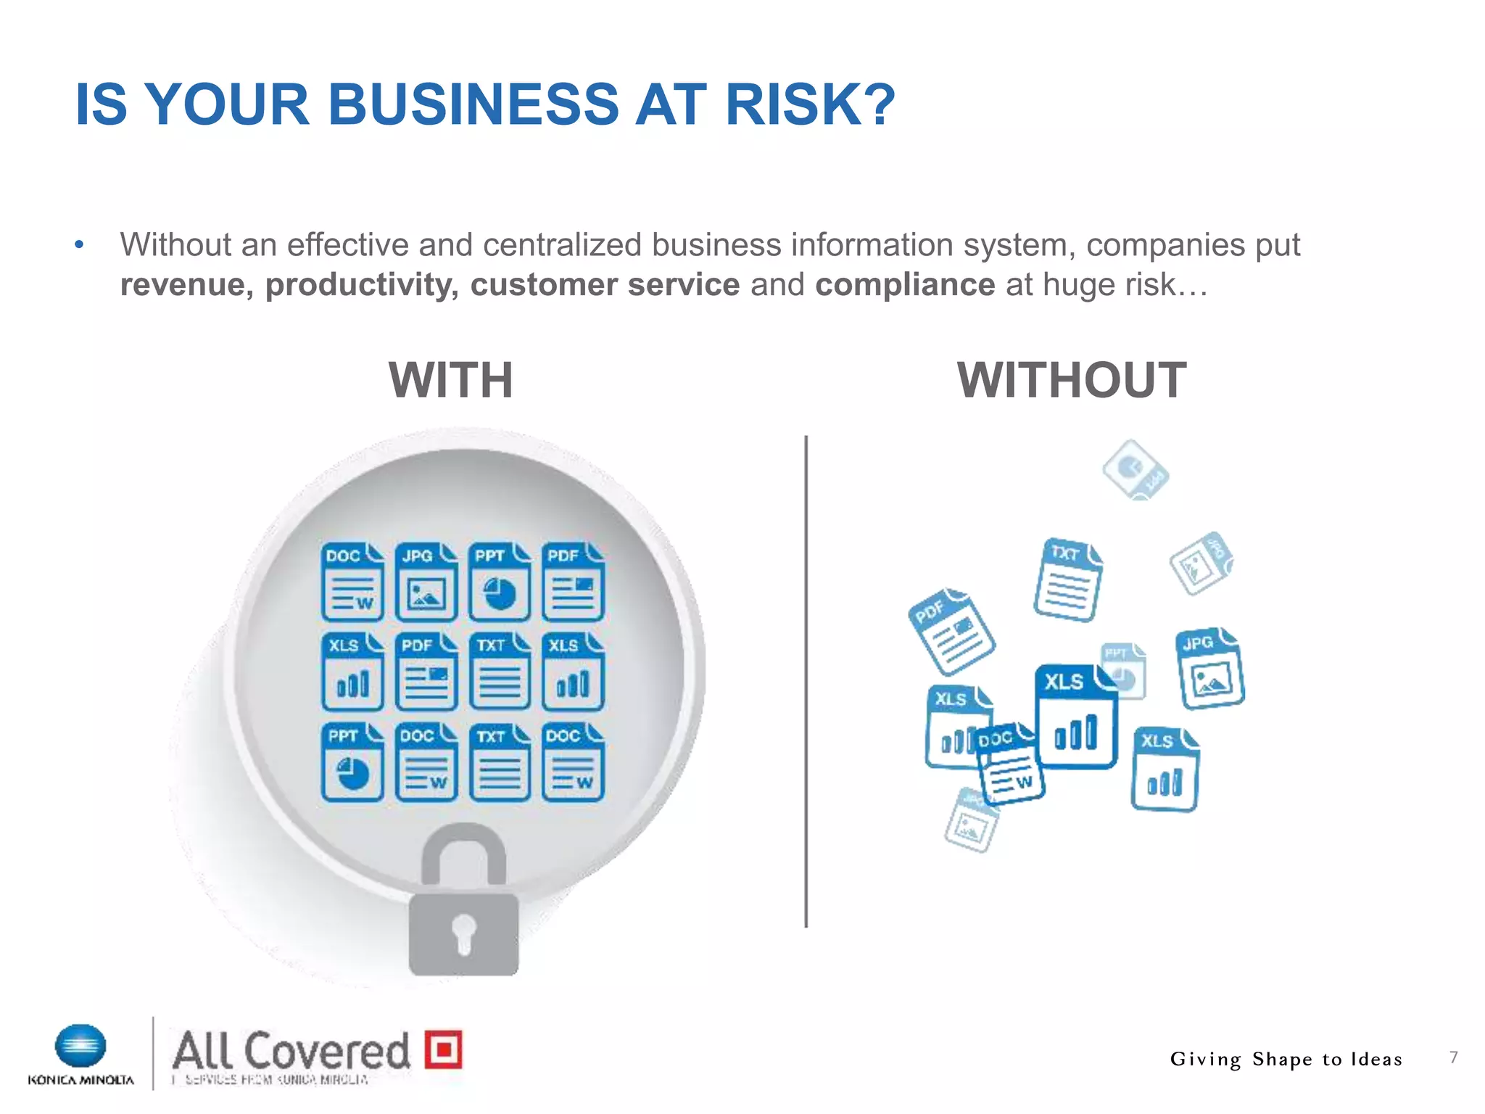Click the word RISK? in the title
810,104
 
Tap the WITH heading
451,380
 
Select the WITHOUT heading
1071,380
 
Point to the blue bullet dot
79,245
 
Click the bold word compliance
904,284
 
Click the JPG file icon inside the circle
426,582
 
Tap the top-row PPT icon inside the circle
500,582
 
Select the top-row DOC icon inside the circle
352,582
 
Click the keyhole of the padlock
464,932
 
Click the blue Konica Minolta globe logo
80,1047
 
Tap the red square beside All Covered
443,1049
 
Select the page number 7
1453,1057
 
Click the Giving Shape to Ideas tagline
1286,1060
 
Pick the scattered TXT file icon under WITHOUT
1067,580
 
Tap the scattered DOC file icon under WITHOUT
1010,764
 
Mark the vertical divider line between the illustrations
806,682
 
